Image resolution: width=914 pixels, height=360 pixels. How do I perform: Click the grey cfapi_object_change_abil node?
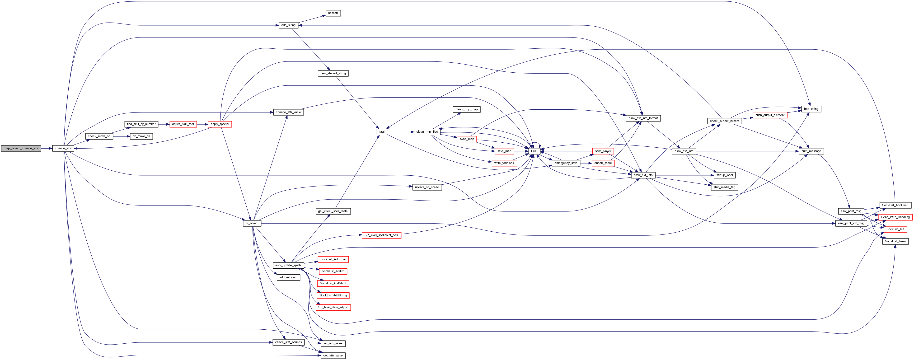(x=21, y=148)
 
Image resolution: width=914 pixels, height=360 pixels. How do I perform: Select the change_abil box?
(x=63, y=148)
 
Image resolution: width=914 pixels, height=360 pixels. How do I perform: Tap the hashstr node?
(x=333, y=13)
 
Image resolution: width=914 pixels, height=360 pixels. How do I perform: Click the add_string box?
(x=288, y=25)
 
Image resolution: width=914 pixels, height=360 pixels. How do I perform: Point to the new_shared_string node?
(x=333, y=73)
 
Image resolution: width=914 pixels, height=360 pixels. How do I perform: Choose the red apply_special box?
(x=220, y=124)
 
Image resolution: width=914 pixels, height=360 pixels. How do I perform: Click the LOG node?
(x=534, y=151)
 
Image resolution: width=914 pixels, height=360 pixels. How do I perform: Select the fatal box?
(x=381, y=131)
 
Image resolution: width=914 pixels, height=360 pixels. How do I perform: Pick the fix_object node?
(x=252, y=223)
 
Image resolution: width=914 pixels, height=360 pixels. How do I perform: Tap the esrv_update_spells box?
(x=288, y=265)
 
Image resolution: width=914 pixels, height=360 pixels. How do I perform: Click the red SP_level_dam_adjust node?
(x=333, y=307)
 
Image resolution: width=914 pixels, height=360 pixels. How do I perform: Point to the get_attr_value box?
(x=333, y=355)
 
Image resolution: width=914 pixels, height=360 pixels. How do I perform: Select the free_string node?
(x=811, y=109)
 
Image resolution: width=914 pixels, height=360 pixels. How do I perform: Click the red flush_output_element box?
(x=770, y=115)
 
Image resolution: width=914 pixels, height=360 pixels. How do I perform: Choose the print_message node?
(x=811, y=151)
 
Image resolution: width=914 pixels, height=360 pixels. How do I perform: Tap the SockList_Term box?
(x=895, y=241)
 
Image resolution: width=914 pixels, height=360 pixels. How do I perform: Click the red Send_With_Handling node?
(x=895, y=217)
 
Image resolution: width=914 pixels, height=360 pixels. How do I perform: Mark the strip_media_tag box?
(x=724, y=187)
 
